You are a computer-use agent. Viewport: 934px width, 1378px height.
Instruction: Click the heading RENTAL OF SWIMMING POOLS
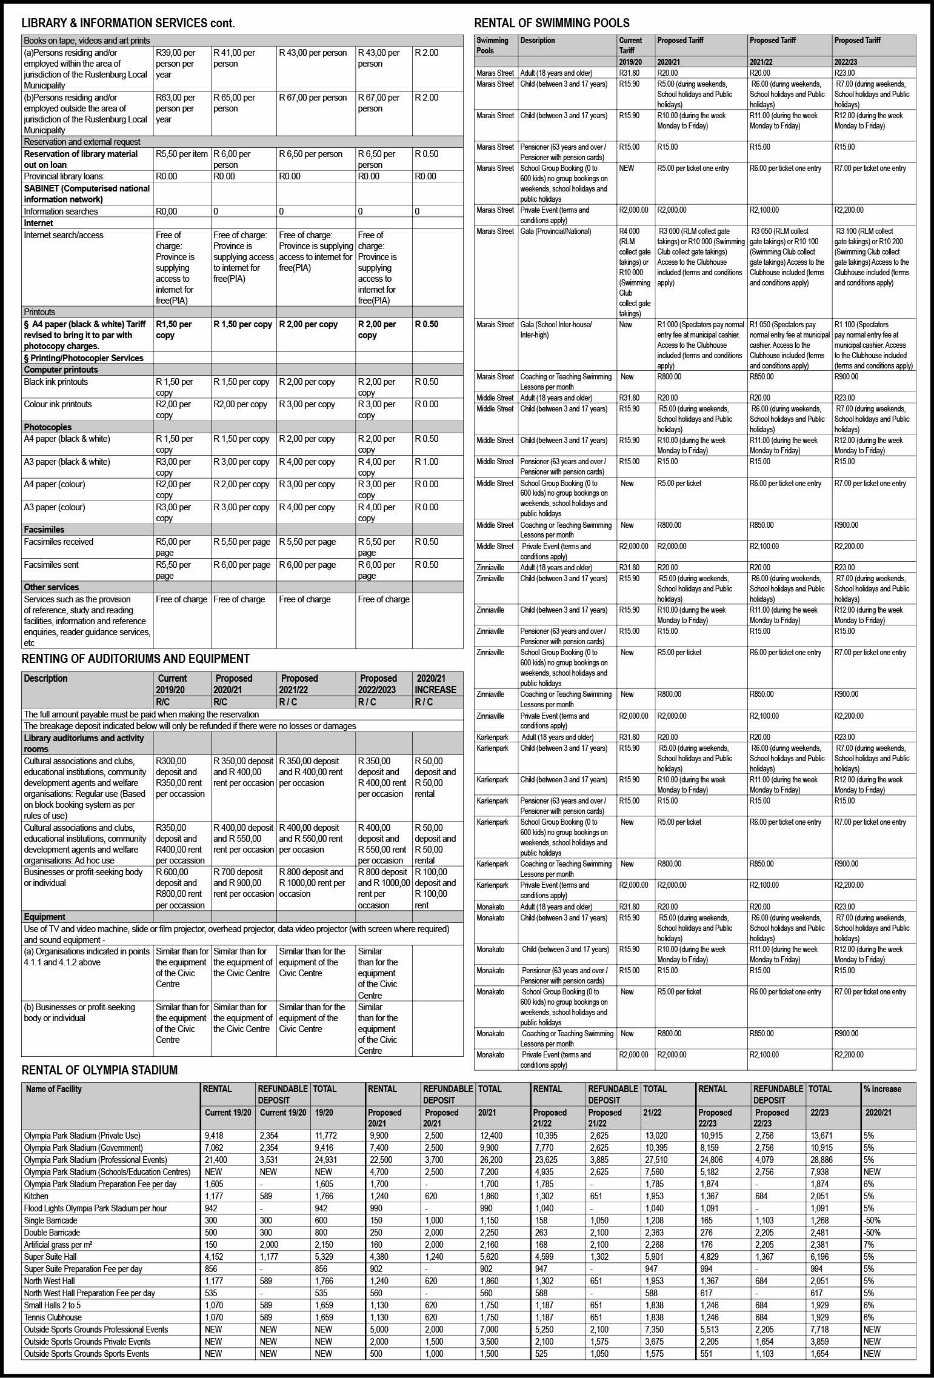click(552, 24)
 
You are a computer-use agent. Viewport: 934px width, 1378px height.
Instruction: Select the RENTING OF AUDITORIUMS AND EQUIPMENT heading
click(135, 659)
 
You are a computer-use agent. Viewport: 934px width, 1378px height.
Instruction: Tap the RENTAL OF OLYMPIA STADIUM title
click(99, 1070)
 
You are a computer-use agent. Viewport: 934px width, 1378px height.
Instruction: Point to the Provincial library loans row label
click(64, 176)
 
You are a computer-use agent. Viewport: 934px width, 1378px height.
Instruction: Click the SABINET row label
click(87, 194)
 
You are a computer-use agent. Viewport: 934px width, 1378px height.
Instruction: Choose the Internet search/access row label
click(64, 235)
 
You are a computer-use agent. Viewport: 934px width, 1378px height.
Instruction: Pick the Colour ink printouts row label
click(58, 404)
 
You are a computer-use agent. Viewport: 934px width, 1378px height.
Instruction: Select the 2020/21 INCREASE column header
click(435, 684)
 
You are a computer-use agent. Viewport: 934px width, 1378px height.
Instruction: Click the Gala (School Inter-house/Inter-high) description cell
click(556, 330)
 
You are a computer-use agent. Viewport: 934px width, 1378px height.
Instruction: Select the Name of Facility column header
click(53, 1089)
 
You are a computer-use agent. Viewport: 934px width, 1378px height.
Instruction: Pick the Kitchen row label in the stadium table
click(36, 1196)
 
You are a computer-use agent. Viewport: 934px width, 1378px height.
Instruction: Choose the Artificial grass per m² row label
click(58, 1245)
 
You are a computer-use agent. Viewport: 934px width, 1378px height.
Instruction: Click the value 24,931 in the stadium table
click(325, 1160)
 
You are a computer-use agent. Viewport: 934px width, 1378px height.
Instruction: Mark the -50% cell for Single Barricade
click(872, 1220)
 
